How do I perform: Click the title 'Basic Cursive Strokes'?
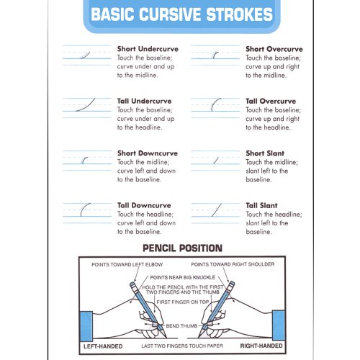[181, 14]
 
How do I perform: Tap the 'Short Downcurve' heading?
[147, 153]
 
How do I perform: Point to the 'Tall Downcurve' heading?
[144, 205]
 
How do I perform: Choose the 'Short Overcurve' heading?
[274, 49]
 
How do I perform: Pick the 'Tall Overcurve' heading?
[271, 101]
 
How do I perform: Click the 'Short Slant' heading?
[265, 153]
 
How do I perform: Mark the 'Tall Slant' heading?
[261, 205]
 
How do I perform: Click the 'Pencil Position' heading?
[182, 248]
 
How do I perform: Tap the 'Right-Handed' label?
[260, 346]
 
